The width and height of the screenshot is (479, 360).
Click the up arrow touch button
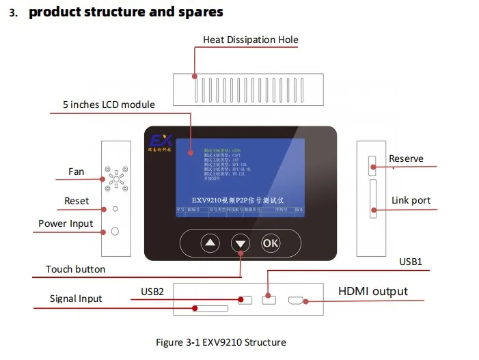(210, 243)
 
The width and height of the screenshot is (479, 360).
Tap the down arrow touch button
(241, 243)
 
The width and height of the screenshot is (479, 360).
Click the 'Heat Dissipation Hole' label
(250, 40)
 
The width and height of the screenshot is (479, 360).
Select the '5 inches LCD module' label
(109, 105)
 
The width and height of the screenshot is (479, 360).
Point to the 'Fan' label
(76, 171)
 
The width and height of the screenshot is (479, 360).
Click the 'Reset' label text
(77, 201)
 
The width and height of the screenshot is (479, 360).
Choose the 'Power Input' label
(66, 223)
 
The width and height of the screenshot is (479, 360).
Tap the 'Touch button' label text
(75, 269)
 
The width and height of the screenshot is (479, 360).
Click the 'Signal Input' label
(76, 299)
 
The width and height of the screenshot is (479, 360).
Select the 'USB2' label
(152, 292)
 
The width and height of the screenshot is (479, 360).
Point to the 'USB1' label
(411, 262)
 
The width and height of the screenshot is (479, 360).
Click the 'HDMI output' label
(373, 292)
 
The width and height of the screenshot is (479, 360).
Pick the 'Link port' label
(411, 201)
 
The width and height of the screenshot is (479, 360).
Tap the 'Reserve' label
(406, 158)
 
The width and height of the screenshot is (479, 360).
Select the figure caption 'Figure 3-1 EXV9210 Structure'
(221, 342)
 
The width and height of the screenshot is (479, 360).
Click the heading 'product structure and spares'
(126, 12)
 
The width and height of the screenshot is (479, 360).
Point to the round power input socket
(115, 231)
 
